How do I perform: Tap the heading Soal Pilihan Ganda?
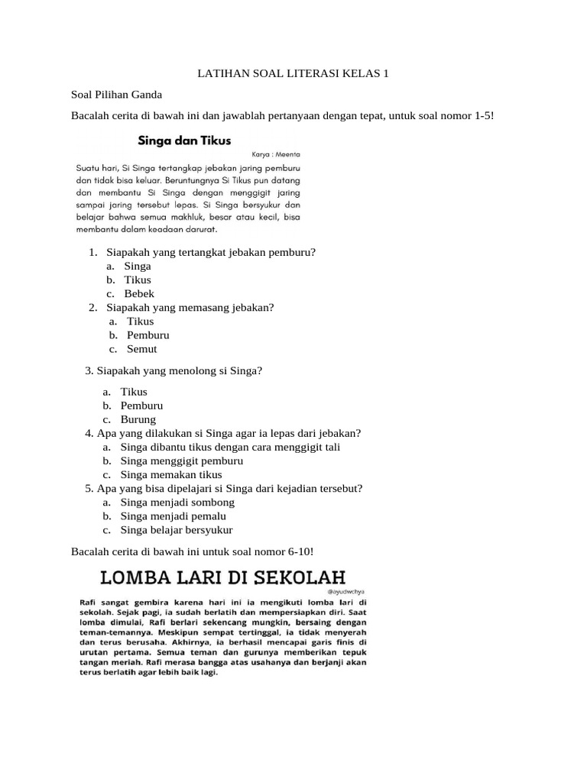tap(116, 95)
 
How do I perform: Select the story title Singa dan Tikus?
tap(183, 141)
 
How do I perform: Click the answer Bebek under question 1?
tap(139, 293)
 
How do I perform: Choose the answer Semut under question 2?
tap(141, 349)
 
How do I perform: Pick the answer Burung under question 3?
tap(138, 419)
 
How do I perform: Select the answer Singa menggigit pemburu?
tap(182, 461)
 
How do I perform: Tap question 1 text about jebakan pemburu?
tap(211, 252)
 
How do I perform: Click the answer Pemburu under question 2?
tap(148, 335)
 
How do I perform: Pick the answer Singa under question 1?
tap(138, 266)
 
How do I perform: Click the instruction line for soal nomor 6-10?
tap(192, 551)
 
